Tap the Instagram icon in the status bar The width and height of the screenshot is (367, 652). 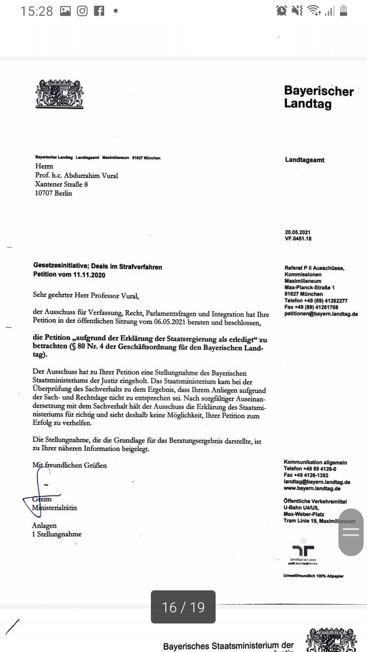point(82,11)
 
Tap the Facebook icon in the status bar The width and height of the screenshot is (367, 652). point(99,11)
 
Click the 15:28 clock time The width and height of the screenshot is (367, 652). point(37,11)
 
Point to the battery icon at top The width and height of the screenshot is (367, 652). point(344,11)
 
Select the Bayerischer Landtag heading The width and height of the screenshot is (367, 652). point(319,97)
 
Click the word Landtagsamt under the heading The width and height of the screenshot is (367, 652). point(305,160)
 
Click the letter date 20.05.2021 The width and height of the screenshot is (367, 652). point(298,232)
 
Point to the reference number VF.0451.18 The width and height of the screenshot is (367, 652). point(298,238)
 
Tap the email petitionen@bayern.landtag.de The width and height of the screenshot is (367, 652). point(321,314)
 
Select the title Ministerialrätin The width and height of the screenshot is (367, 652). point(55,507)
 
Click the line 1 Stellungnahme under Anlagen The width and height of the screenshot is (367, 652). point(57,534)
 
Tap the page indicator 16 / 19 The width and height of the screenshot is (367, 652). point(183,607)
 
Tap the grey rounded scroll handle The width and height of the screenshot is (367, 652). point(351,532)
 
